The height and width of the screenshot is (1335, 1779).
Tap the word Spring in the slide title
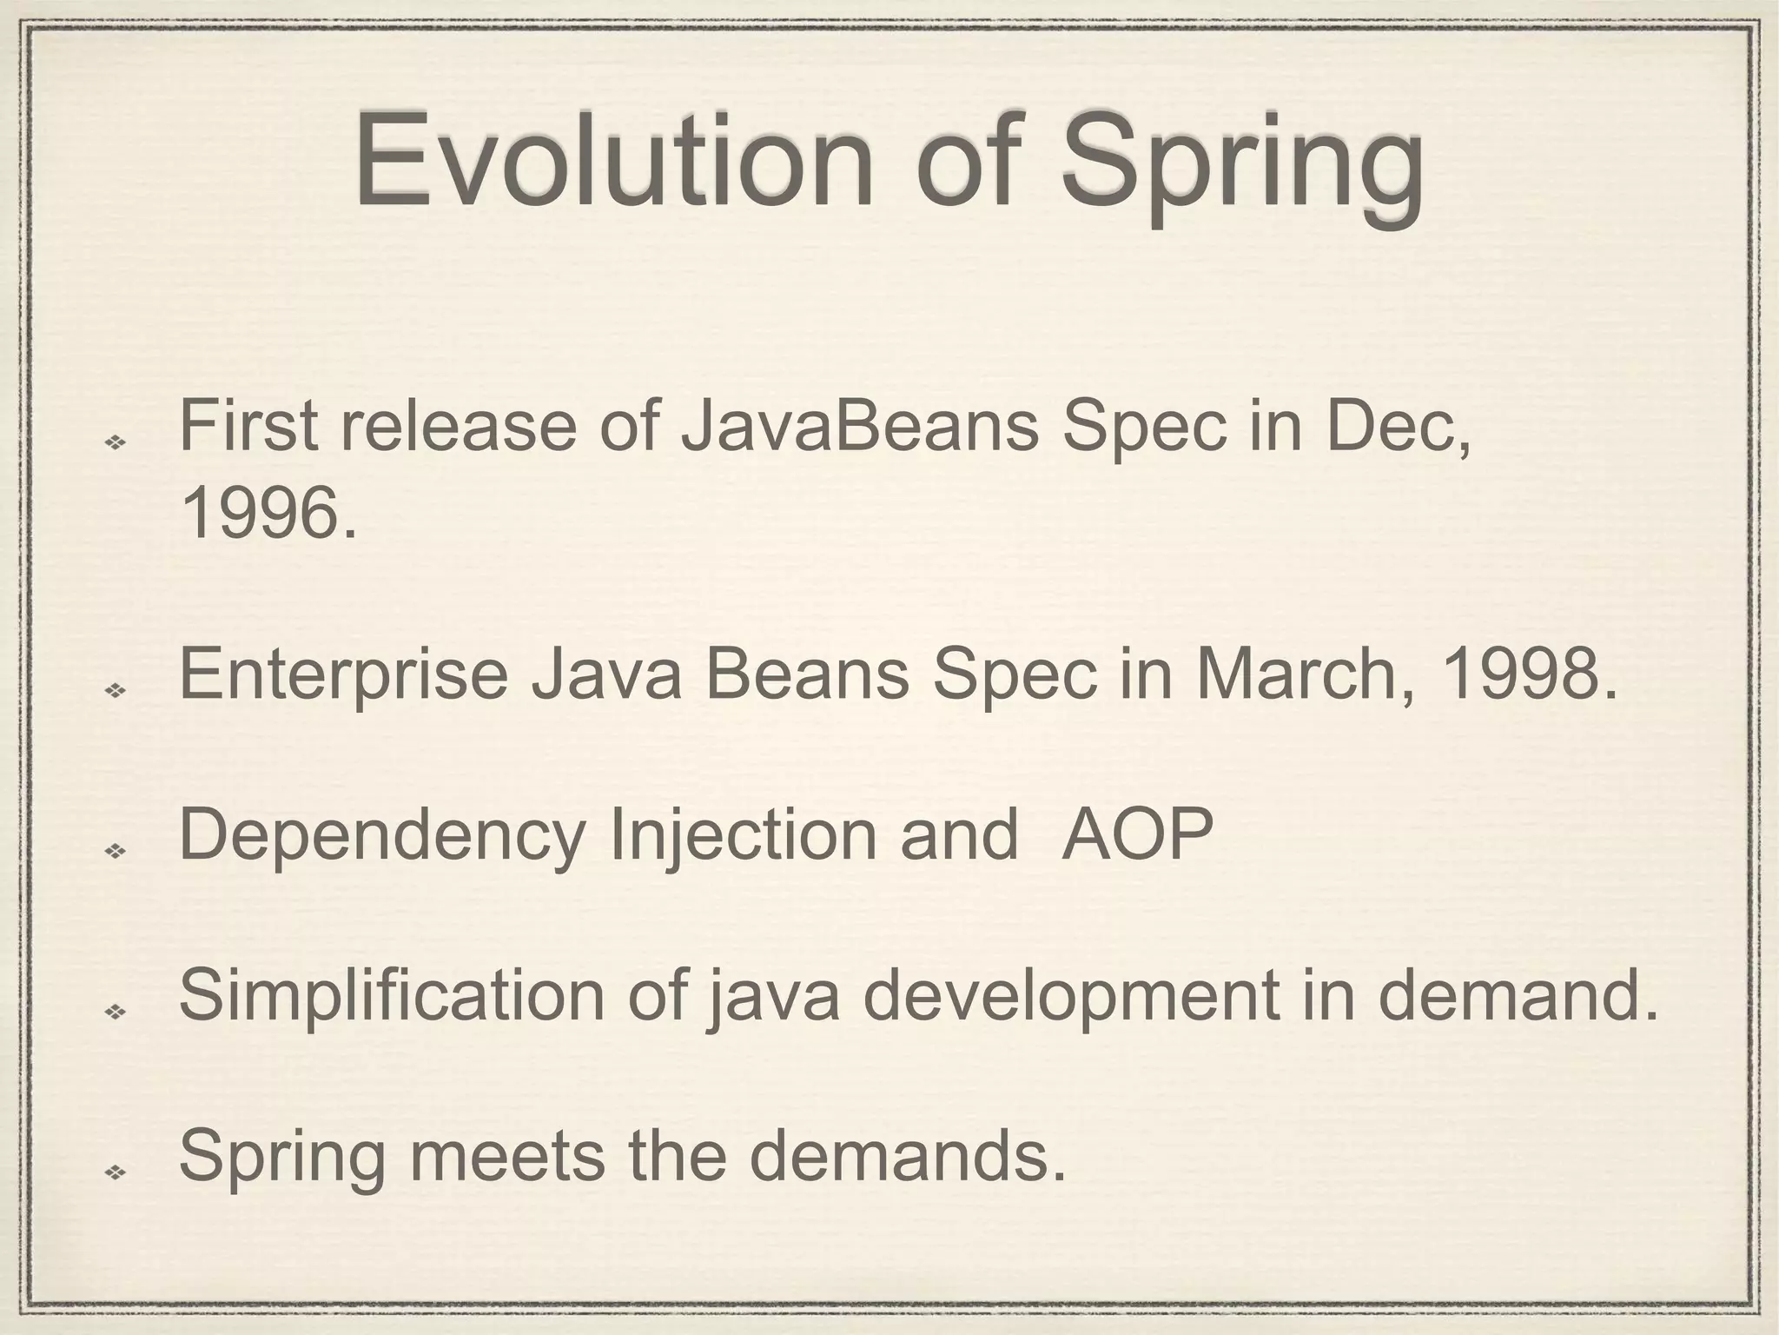1242,165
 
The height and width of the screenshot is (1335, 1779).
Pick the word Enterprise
343,676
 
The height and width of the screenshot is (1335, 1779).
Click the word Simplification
391,997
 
